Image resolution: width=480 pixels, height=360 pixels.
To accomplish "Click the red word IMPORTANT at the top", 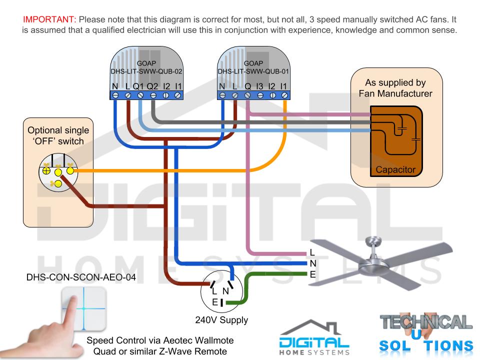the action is [49, 19].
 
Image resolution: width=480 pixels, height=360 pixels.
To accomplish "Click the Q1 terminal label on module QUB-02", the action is [138, 86].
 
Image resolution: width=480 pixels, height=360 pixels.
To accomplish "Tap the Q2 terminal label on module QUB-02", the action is [152, 86].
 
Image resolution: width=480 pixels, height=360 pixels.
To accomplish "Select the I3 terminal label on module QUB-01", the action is [259, 86].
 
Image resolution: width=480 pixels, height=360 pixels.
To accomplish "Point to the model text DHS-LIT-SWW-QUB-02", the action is [146, 71].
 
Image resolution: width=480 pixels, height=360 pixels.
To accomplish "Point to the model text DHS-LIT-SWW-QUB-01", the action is [253, 71].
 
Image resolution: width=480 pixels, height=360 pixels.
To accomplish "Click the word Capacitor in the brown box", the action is [395, 169].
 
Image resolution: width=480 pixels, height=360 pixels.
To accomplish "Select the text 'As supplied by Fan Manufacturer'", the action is [395, 88].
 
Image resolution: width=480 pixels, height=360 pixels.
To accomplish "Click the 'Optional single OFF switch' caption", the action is [58, 135].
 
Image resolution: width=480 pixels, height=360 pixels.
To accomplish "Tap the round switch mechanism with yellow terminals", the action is [58, 172].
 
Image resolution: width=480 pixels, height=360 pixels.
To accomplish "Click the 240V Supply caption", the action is [221, 320].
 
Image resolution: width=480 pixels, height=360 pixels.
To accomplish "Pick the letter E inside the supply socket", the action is [215, 302].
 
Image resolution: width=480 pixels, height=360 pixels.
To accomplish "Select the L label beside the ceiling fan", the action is [312, 252].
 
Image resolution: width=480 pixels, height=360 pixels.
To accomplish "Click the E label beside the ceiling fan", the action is [312, 274].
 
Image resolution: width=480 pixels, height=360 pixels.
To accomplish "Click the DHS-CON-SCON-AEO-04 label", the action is [81, 277].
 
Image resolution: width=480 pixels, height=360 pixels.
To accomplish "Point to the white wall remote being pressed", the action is [84, 308].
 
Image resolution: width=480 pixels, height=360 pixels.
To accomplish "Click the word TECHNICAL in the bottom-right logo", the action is [426, 322].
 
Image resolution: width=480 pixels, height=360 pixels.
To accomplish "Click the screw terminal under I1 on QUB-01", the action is [284, 95].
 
